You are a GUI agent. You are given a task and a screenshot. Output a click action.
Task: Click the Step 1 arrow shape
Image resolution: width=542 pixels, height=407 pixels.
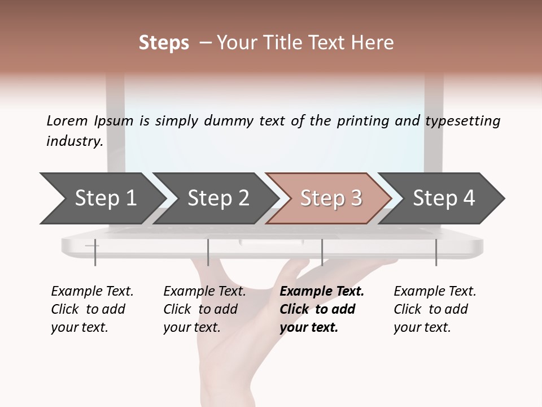[102, 198]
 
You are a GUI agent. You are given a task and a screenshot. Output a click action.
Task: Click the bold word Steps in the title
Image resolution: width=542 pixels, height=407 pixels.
[164, 43]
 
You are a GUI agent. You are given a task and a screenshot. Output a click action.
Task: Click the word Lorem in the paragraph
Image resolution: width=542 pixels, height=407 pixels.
[67, 120]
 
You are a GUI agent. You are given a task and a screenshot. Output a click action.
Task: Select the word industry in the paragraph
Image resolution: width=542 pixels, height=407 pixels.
[74, 141]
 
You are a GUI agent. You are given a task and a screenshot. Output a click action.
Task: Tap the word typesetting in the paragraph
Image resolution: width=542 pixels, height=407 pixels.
[462, 120]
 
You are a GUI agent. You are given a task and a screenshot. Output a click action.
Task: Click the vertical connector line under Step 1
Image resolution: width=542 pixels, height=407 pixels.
[95, 252]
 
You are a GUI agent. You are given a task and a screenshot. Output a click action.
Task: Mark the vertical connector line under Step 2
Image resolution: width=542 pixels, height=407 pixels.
[208, 252]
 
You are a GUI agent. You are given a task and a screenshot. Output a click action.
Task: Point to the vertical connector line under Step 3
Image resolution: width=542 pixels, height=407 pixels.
[322, 252]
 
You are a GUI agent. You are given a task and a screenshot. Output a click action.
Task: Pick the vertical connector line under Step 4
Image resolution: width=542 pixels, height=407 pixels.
[436, 252]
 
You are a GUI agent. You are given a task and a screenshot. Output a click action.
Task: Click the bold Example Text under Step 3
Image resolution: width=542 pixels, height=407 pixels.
[322, 291]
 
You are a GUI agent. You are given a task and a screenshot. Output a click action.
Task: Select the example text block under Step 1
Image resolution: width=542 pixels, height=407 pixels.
[92, 309]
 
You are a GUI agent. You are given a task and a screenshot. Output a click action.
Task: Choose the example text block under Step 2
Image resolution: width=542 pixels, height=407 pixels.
[204, 309]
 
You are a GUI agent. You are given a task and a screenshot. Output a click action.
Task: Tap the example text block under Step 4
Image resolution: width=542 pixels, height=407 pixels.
[435, 309]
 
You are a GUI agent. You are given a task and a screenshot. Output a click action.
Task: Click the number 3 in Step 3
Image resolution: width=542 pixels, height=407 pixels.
[356, 198]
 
